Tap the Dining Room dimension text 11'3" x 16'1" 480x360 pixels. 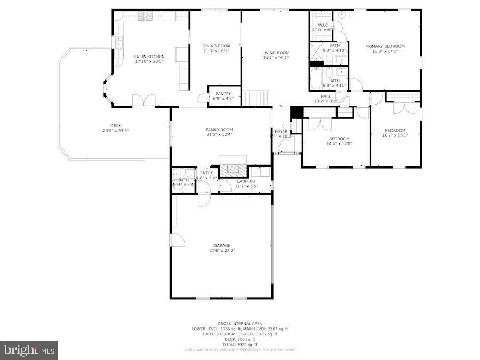216,51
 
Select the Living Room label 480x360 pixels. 276,53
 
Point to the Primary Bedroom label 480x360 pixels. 385,46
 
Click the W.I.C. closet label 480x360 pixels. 323,25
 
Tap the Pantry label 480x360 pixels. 223,94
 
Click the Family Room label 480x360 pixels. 220,130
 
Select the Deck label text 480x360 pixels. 116,126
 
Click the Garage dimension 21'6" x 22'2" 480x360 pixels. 222,250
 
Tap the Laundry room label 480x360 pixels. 246,181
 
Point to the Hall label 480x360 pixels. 325,96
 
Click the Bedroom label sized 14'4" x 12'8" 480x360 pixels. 339,139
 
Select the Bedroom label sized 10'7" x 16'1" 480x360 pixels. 395,130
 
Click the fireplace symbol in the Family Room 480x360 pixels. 234,170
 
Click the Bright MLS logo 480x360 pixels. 29,350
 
